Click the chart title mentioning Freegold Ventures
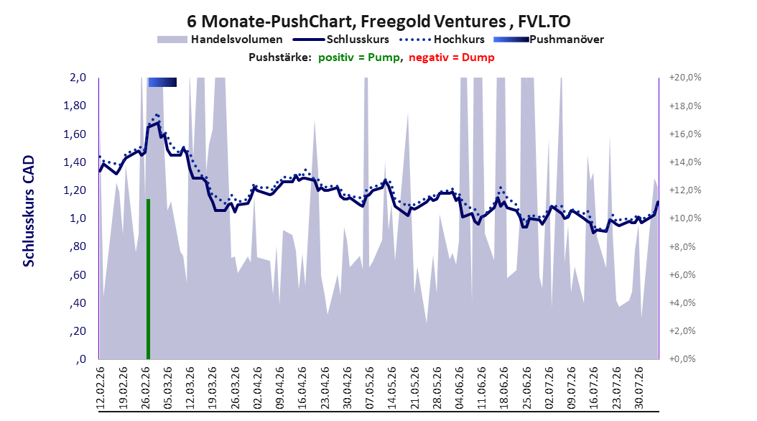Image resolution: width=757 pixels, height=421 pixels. coord(378,22)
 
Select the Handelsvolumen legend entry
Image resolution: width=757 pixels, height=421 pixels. coord(220,40)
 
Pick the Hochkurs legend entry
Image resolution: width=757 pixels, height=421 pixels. coord(442,40)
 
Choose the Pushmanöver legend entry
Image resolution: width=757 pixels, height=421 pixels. coord(549,40)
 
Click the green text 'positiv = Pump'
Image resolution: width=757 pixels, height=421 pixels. coord(359,57)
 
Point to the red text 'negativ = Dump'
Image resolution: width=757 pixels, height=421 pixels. coord(452,57)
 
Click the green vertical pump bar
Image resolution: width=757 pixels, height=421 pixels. coord(148,279)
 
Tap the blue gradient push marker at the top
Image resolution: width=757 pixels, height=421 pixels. coord(162,82)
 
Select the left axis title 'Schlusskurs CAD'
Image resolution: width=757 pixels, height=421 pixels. coord(29,210)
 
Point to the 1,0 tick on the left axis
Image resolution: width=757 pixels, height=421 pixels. coord(78,218)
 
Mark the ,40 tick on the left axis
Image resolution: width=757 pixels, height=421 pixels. coord(78,303)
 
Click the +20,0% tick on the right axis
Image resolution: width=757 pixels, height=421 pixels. coord(685,78)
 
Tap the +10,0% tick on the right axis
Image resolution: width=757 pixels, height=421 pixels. coord(685,218)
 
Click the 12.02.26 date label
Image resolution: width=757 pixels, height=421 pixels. coord(101,388)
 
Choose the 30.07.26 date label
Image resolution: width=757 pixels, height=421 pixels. coord(638,388)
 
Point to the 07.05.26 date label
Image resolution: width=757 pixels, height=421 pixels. coord(369,388)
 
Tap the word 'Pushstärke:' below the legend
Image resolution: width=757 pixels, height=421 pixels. coord(280,57)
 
